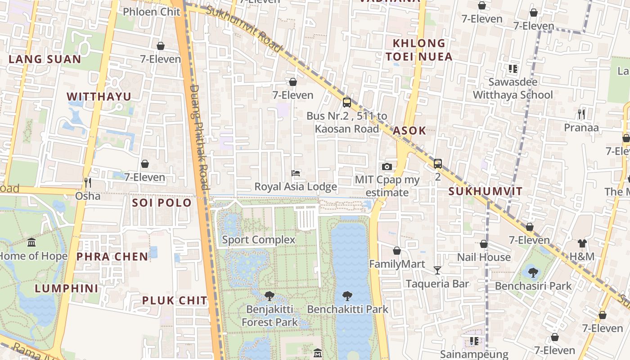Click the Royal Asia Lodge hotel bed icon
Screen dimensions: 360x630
click(x=296, y=173)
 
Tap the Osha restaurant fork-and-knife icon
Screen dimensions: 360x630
click(x=88, y=182)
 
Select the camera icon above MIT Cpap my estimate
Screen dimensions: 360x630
click(x=387, y=166)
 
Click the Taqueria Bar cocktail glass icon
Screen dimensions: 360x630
click(x=437, y=270)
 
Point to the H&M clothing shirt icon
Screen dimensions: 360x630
click(x=582, y=243)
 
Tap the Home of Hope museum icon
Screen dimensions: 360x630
click(x=31, y=243)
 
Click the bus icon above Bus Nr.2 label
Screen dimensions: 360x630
click(x=346, y=102)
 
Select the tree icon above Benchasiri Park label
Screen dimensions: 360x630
click(x=533, y=272)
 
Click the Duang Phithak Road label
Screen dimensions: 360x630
click(x=198, y=137)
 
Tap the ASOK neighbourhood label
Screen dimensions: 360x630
click(x=409, y=130)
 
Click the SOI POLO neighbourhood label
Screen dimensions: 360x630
click(x=162, y=202)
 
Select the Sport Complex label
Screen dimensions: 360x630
click(x=258, y=240)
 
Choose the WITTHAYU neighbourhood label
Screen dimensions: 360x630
click(x=99, y=97)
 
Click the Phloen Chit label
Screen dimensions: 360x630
click(x=152, y=12)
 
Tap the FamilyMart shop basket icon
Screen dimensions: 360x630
click(x=396, y=251)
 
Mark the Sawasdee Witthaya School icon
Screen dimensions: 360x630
click(x=513, y=69)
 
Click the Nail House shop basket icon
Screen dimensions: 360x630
click(x=484, y=244)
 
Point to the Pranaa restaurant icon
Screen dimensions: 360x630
click(x=581, y=114)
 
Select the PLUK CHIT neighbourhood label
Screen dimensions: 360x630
click(x=175, y=300)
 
